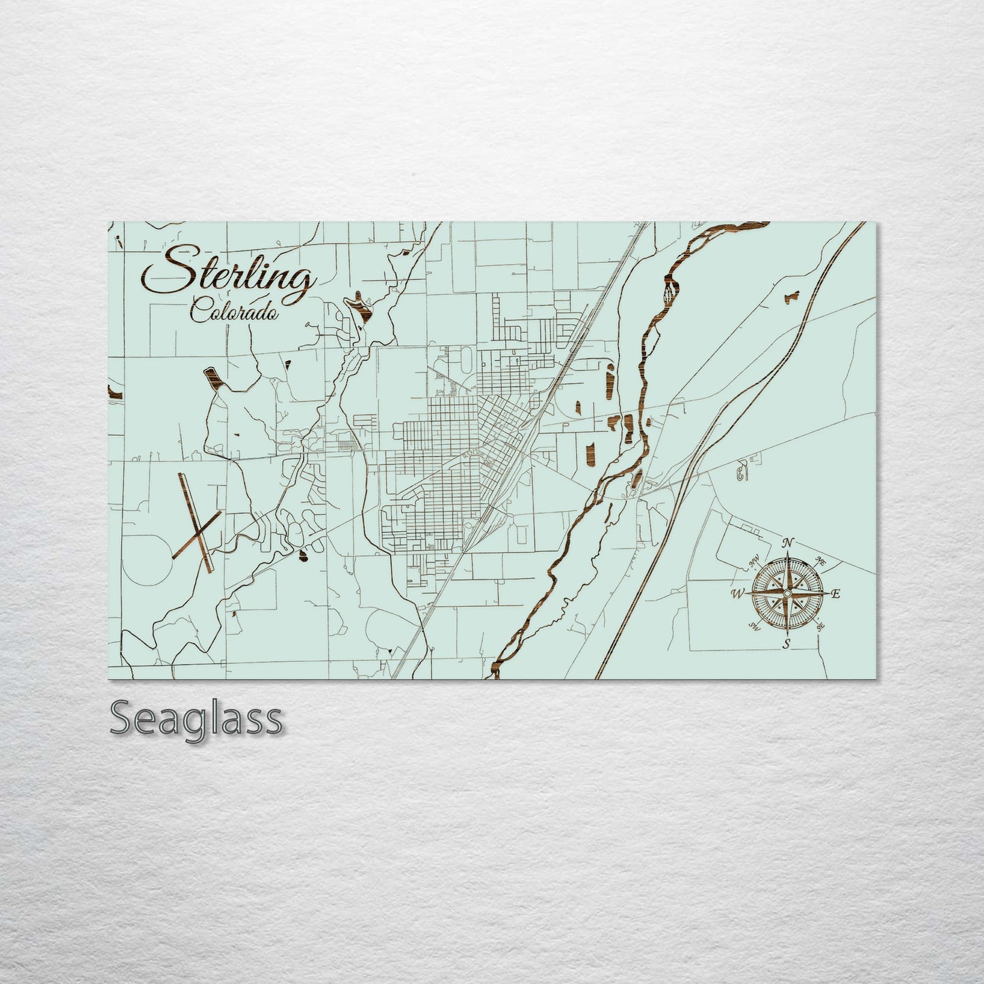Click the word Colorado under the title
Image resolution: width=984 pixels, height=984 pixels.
point(235,312)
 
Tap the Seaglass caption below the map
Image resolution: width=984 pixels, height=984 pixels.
point(195,719)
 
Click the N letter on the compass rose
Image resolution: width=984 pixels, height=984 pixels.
point(788,543)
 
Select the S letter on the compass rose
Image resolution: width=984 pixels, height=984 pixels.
point(787,644)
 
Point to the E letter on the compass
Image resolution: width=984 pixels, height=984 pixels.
point(836,594)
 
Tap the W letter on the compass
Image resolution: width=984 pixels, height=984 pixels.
point(737,594)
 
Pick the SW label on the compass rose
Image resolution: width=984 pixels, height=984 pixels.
point(753,626)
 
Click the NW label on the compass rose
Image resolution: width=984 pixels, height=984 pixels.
point(754,562)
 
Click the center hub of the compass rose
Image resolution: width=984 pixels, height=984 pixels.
point(787,594)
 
